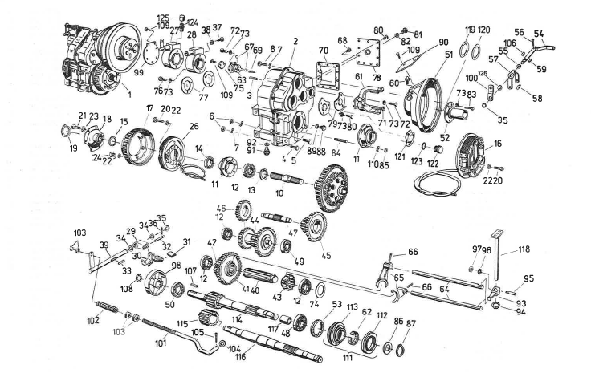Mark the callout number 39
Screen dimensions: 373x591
(x=104, y=244)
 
